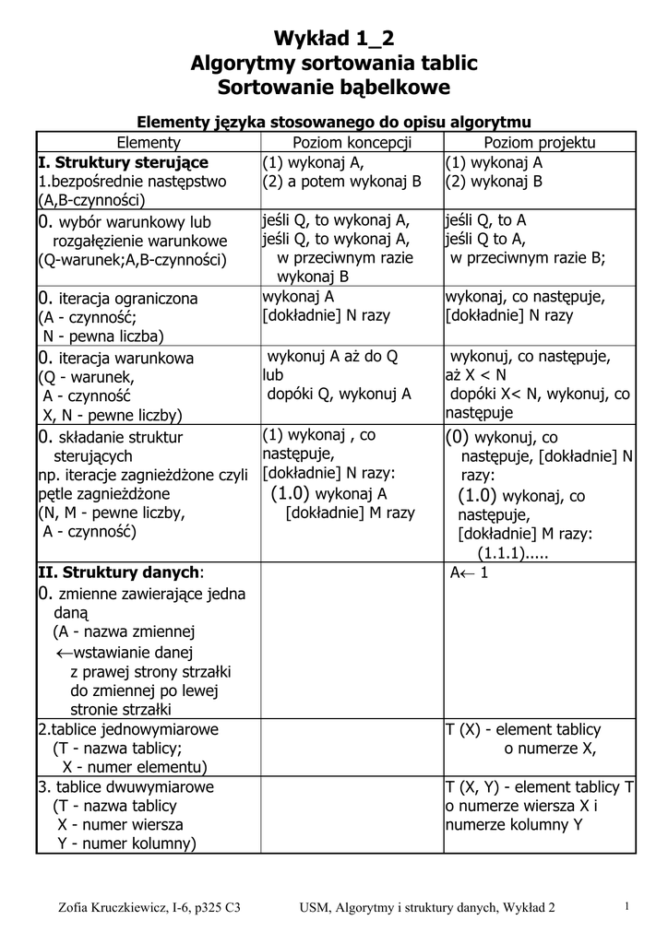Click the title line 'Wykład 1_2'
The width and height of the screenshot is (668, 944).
[334, 39]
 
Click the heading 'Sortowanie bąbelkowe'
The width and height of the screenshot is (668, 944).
[334, 88]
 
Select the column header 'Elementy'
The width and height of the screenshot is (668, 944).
[149, 142]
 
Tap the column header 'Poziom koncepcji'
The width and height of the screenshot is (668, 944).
[352, 142]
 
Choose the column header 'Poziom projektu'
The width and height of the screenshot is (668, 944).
[540, 142]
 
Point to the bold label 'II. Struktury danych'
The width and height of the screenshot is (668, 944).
[119, 572]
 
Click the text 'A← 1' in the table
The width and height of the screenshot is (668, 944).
[469, 572]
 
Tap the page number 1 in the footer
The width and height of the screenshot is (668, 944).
[626, 907]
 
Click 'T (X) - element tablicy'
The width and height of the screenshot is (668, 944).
[523, 729]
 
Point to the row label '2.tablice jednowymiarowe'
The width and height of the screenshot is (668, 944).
[128, 729]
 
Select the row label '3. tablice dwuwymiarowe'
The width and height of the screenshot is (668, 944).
[125, 786]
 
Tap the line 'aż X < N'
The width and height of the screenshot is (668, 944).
[476, 375]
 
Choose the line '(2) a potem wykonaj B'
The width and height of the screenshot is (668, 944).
[341, 182]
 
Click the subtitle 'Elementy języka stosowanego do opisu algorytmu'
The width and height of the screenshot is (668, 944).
[334, 122]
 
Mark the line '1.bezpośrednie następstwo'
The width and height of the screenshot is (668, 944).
[132, 182]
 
